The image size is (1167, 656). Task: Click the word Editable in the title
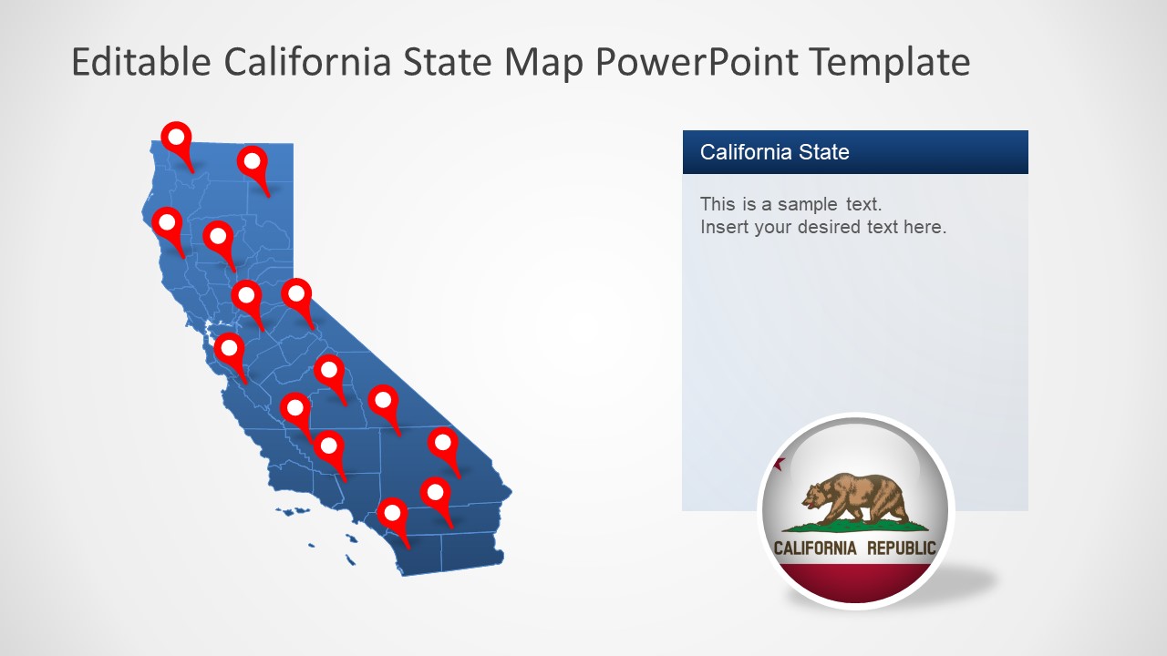[x=141, y=61]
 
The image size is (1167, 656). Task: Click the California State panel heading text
[x=774, y=152]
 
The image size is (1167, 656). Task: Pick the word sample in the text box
[x=808, y=205]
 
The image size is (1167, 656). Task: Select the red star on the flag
[x=780, y=464]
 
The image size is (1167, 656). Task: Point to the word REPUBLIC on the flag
[x=902, y=548]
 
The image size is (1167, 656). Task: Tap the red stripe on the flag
[x=854, y=582]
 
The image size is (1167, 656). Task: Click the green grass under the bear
[x=854, y=526]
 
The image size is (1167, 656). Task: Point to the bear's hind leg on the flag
[x=895, y=507]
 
